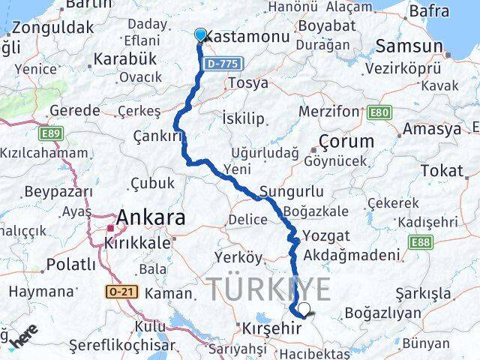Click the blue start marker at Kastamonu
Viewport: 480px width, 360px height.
tap(200, 34)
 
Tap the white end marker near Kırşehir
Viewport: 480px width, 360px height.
tap(304, 308)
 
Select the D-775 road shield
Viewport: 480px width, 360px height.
tap(224, 65)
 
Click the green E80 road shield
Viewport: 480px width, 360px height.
tap(380, 112)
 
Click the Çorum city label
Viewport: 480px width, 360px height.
tap(346, 141)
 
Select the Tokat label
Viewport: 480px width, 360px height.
tap(442, 171)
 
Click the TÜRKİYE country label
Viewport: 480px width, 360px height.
tap(268, 289)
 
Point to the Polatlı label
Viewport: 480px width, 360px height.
tap(71, 264)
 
